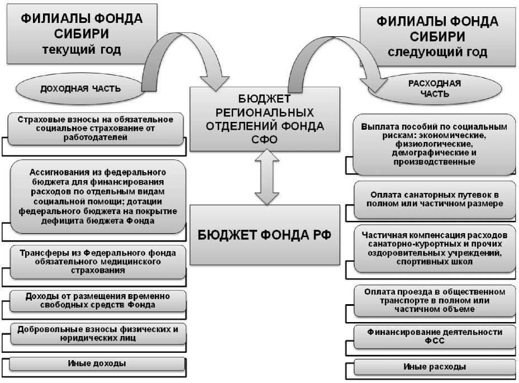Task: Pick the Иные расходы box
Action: tap(434, 367)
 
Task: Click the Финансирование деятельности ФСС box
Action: tap(434, 335)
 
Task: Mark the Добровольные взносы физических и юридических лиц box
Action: tap(98, 333)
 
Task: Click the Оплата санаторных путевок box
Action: tap(434, 200)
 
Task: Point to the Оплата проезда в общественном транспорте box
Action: tap(434, 301)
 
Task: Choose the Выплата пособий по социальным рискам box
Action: tap(434, 144)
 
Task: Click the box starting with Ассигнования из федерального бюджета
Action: tap(98, 196)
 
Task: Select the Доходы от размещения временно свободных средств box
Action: tap(98, 300)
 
